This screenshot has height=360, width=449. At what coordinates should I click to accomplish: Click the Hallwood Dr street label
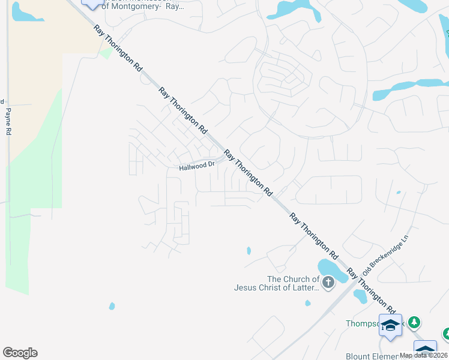196,166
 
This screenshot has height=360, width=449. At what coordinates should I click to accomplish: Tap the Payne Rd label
8,120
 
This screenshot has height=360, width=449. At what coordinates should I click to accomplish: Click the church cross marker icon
328,283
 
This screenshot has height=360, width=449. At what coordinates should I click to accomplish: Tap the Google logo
20,353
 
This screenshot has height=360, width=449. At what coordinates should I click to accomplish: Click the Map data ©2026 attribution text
424,355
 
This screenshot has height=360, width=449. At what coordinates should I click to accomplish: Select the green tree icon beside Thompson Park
414,323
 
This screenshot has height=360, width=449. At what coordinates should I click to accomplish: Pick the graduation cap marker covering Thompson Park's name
390,325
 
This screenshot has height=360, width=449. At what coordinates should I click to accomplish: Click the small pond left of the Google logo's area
112,306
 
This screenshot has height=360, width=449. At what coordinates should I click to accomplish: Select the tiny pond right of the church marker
360,295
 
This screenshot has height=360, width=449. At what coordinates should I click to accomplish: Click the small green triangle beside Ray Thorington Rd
106,53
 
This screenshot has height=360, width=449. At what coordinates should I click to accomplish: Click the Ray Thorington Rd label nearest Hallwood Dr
247,173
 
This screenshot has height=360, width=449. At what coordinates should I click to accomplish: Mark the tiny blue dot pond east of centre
398,193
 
